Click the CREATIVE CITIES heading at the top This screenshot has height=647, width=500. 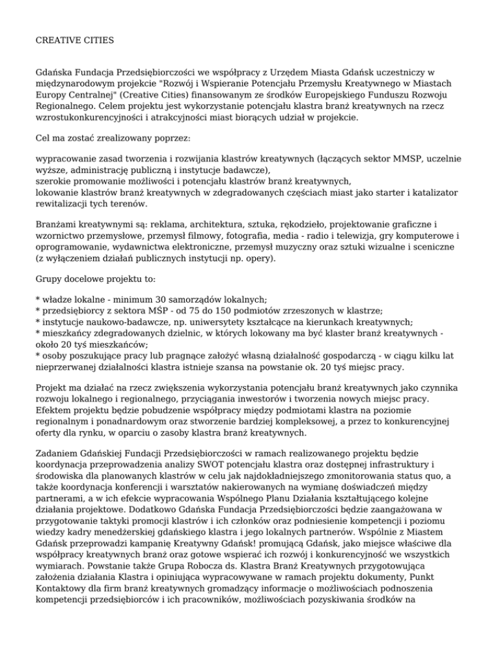[75, 40]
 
